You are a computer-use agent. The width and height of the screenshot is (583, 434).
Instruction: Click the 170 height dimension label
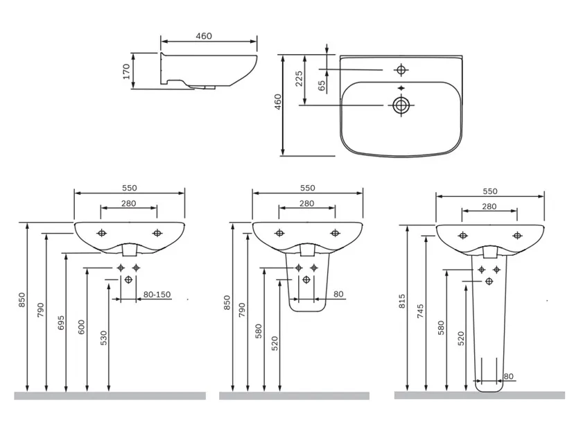tap(126, 71)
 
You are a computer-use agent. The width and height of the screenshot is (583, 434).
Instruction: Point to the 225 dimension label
tap(299, 78)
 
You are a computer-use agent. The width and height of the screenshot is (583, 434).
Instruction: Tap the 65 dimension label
tap(322, 86)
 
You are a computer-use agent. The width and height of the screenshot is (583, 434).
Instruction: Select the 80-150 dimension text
tap(157, 295)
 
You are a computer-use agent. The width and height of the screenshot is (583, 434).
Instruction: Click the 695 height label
tap(61, 322)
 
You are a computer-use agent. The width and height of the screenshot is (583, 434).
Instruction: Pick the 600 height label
tap(81, 327)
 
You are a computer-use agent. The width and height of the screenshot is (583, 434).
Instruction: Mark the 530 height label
tap(103, 338)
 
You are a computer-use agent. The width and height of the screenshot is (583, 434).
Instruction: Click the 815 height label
tap(402, 301)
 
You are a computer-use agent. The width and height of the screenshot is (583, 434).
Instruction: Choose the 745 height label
tap(420, 311)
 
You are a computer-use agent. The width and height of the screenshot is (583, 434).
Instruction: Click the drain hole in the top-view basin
tap(401, 105)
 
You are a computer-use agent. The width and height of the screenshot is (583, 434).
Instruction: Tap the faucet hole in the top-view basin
tap(401, 69)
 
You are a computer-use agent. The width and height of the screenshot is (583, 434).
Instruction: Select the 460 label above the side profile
tap(204, 36)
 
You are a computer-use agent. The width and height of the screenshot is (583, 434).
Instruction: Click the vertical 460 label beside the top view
tap(278, 101)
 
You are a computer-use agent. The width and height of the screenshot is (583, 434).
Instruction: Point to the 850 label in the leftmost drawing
tap(21, 300)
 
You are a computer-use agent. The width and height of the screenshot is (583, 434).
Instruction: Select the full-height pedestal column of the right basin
tap(489, 324)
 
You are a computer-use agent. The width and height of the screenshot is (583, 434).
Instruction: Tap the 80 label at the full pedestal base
tap(508, 376)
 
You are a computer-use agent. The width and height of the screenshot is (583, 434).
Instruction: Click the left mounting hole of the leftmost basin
tap(101, 233)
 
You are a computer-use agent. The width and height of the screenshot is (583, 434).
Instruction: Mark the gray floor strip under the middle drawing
tap(294, 396)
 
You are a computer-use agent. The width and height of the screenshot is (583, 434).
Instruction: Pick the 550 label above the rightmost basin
tap(490, 191)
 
